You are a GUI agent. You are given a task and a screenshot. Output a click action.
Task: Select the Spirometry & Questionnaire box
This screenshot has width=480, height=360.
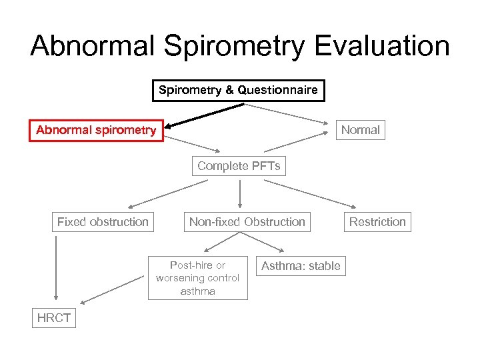(x=238, y=90)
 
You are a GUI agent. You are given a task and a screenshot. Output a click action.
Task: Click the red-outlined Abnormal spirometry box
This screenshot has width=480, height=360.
(x=96, y=130)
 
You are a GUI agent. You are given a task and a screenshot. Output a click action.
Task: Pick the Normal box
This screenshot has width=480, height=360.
(x=360, y=130)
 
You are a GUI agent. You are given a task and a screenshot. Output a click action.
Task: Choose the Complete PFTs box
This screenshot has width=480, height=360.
(x=239, y=166)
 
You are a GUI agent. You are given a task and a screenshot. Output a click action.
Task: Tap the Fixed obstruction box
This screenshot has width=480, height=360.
(x=103, y=222)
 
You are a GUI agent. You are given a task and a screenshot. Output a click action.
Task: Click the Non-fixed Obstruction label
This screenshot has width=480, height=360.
(x=247, y=222)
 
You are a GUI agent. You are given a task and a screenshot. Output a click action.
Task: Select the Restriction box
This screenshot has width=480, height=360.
(x=377, y=222)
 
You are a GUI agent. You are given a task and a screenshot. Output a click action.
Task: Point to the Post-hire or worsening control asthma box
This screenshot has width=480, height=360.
(x=197, y=278)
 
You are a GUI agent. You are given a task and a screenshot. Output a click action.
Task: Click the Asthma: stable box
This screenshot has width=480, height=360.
(x=301, y=266)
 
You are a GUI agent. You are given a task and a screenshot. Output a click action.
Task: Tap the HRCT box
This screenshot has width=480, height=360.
(x=54, y=318)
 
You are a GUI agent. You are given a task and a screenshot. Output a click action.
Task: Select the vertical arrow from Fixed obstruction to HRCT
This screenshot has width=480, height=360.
(x=56, y=267)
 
